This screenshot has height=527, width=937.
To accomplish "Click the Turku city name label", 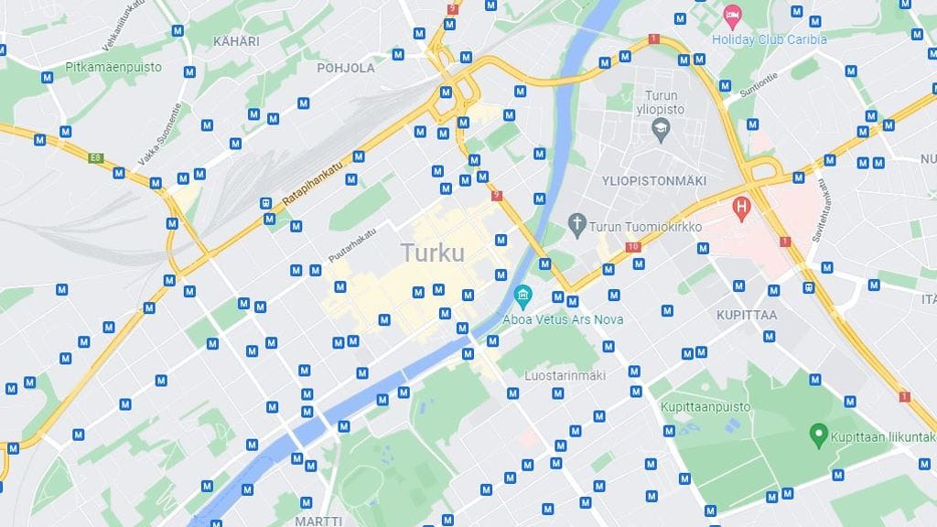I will (432, 253).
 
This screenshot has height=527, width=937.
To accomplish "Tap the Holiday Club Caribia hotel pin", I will (732, 16).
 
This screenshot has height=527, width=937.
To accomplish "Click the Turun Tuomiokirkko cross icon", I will (576, 222).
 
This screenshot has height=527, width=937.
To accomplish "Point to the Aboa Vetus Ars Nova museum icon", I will (522, 296).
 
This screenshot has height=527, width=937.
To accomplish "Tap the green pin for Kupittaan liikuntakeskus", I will (819, 433).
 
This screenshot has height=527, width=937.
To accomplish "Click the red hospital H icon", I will (742, 208).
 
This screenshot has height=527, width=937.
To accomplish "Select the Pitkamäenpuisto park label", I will (113, 67).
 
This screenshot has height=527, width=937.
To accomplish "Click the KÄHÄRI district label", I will (236, 41).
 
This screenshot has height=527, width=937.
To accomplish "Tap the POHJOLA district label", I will (346, 68).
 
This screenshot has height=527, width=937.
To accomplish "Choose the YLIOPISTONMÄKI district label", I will (654, 180).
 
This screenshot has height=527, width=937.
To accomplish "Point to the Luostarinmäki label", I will (565, 375).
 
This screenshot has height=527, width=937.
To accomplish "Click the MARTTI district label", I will (318, 521).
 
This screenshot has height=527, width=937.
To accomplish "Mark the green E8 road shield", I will (95, 157).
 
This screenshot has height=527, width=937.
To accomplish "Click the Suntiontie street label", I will (757, 83).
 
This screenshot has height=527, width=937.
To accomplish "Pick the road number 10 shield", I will (632, 246).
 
